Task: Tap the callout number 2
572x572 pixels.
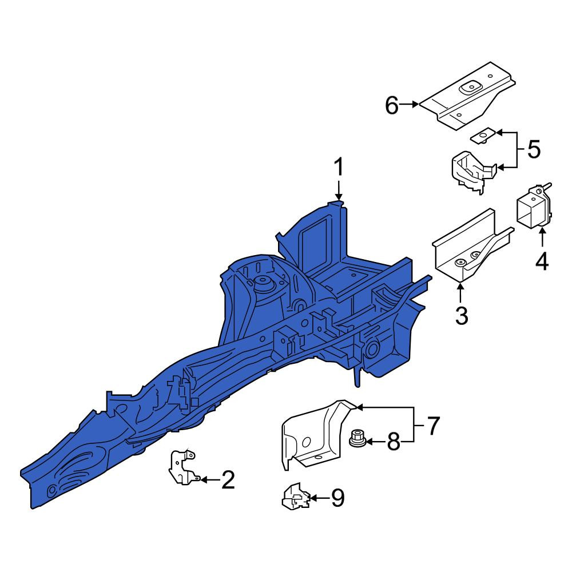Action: pyautogui.click(x=228, y=479)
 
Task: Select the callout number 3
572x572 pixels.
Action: pyautogui.click(x=462, y=316)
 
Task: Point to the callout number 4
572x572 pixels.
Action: pyautogui.click(x=542, y=261)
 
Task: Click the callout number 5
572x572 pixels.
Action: pyautogui.click(x=534, y=149)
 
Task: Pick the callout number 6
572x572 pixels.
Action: pyautogui.click(x=392, y=105)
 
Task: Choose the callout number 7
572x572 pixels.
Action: pyautogui.click(x=433, y=426)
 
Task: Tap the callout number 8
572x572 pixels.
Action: pyautogui.click(x=394, y=442)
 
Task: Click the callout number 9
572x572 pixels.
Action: pyautogui.click(x=337, y=498)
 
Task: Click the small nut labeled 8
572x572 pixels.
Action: pyautogui.click(x=356, y=438)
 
